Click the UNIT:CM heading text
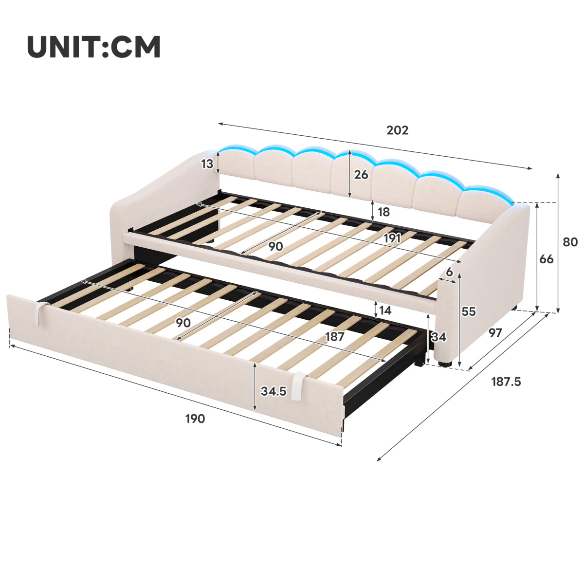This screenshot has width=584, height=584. [93, 47]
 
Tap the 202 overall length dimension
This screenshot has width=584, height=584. [397, 130]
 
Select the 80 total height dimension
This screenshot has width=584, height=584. [570, 242]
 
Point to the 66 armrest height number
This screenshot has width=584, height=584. [547, 259]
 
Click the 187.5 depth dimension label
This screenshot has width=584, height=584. [506, 382]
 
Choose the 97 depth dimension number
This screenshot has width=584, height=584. [495, 333]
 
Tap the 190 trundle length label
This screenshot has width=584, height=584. [195, 419]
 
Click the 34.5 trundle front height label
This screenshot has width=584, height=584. [274, 391]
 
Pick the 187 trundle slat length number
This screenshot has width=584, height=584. [334, 337]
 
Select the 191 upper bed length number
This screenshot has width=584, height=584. [392, 238]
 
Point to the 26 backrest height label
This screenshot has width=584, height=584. [361, 175]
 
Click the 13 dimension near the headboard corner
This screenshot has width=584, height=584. [207, 164]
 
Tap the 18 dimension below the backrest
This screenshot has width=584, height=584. [383, 212]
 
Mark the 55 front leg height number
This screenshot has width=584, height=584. [469, 311]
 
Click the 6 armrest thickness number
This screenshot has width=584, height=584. [450, 272]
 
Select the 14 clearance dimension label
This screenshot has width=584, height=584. [385, 310]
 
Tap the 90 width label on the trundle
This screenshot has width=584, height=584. [183, 323]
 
